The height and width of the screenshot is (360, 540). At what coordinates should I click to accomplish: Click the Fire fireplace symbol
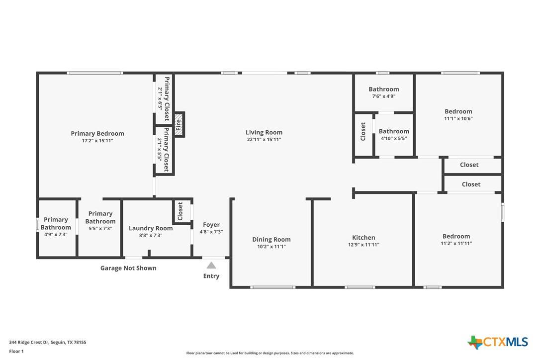pos(179,124)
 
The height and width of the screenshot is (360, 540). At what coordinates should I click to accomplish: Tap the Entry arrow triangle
pos(211,265)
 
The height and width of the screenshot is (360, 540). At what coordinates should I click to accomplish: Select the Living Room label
pos(264,132)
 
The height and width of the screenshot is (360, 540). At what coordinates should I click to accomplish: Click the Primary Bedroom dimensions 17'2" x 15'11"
pos(97,141)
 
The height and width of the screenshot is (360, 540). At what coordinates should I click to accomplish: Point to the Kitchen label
pos(363,237)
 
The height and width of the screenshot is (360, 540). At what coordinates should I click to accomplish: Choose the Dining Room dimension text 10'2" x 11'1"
pos(271,246)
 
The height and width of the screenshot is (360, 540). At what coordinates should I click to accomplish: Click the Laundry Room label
pos(151,228)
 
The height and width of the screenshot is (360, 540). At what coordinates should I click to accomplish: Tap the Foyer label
pos(211,225)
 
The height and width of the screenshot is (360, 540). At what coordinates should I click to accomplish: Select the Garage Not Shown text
pos(128,268)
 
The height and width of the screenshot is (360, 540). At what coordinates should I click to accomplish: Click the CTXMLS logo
pos(497,342)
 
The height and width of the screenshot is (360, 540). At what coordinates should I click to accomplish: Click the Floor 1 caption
pos(16,351)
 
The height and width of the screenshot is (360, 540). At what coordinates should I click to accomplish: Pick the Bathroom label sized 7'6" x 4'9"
pos(383,89)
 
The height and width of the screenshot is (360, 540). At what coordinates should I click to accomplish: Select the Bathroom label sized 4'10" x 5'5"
pos(394,131)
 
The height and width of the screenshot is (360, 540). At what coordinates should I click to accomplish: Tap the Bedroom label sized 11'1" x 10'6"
pos(458,111)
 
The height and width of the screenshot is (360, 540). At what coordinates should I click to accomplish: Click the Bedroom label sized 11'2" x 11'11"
pos(456,236)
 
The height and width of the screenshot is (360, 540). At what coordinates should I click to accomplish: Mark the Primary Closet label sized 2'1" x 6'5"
pos(167,98)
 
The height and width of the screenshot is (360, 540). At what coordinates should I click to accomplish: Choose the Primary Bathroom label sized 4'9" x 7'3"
pos(56,223)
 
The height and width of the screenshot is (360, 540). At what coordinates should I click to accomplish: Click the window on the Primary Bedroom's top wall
pos(95,73)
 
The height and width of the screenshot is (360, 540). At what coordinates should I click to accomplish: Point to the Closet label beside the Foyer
pos(180,211)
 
